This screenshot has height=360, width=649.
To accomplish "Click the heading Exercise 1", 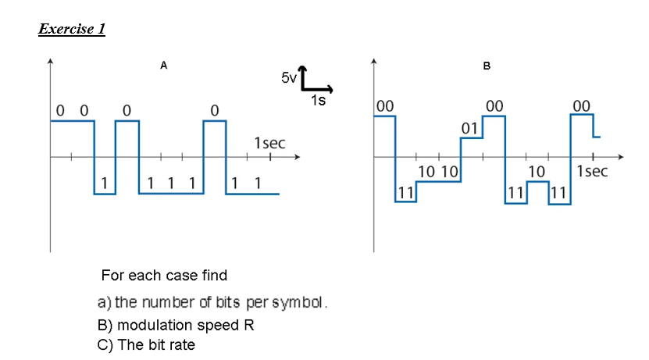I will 72,30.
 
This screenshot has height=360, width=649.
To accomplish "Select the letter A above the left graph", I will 163,66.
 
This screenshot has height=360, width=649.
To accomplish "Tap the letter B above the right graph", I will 487,66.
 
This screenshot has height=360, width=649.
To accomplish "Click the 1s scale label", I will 318,100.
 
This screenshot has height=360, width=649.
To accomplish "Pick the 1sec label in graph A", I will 269,144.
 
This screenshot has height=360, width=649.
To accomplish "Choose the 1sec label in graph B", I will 591,171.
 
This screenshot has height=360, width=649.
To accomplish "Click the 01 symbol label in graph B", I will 469,127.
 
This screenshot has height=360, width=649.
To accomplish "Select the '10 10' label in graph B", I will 437,171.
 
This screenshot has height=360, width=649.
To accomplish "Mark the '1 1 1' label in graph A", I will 170,184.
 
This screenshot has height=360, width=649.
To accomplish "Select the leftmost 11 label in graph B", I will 405,191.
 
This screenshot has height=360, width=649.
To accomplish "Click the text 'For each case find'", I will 164,276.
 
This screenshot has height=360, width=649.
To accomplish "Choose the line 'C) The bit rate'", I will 146,345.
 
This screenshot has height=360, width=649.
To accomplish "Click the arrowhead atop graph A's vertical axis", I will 51,60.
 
